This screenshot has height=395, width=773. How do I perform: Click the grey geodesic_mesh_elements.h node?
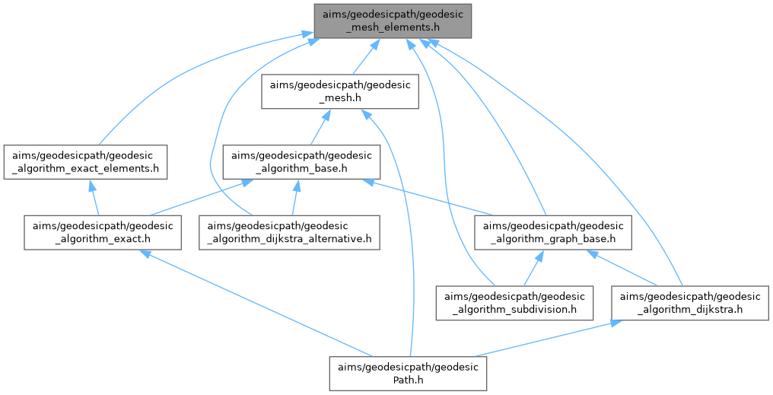393,20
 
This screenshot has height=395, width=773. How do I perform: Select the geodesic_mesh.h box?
340,91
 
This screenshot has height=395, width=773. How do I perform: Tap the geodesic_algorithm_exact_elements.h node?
85,161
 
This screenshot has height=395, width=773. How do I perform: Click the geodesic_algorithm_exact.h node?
102,231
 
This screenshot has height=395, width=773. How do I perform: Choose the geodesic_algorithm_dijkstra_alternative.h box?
289,231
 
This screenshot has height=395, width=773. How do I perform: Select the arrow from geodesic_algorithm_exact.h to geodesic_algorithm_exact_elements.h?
94,196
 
